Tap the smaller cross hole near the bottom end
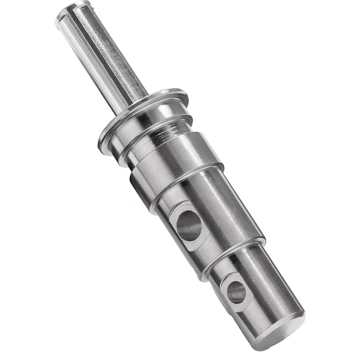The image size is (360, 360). pyautogui.click(x=236, y=291)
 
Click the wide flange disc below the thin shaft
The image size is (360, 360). pyautogui.click(x=145, y=111)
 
